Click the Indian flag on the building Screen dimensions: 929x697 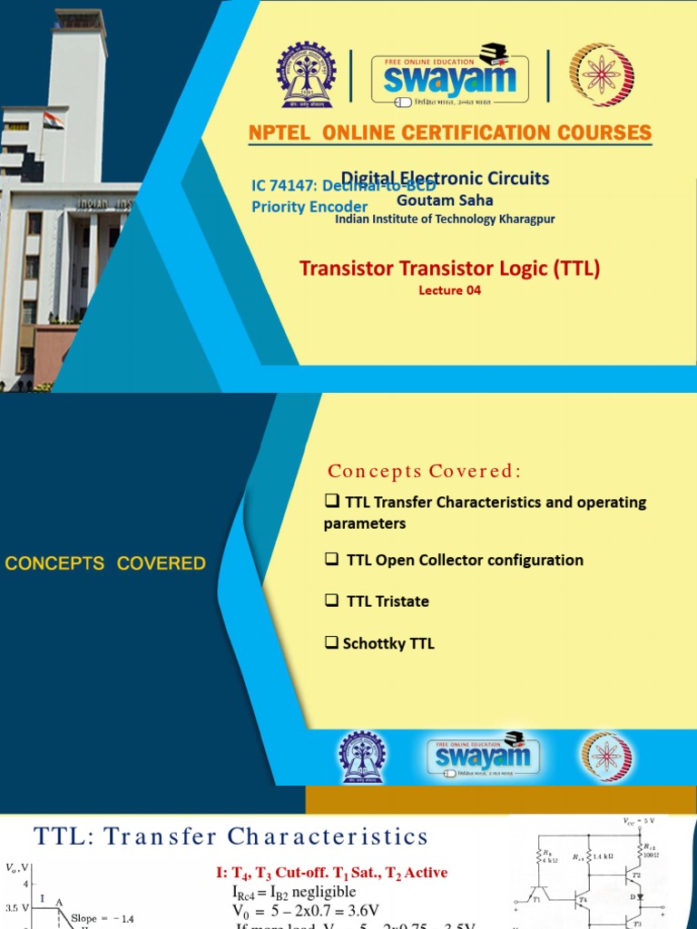53,120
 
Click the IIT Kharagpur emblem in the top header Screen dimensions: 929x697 309,74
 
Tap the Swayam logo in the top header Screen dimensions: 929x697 444,73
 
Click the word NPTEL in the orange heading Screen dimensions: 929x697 281,133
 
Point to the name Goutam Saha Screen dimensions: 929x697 445,200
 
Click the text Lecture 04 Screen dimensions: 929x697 449,290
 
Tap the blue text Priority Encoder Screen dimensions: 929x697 309,206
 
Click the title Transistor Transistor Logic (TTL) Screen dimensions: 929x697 449,269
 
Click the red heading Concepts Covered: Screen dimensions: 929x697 425,470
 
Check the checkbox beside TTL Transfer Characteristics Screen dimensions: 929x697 331,502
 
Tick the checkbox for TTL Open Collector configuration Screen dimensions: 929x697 331,560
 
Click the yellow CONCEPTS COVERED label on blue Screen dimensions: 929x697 105,563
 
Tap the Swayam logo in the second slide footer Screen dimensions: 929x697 485,755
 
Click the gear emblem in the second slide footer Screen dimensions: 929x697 361,757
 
